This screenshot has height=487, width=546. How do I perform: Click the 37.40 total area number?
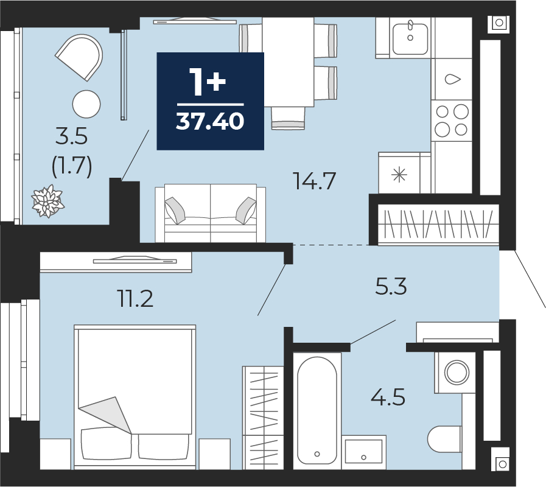point(210,121)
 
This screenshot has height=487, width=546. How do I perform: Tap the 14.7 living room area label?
point(315,181)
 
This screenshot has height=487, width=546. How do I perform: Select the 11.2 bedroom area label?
point(136,299)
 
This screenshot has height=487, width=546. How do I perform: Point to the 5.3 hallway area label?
point(391,286)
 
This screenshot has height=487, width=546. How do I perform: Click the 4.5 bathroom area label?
point(388,397)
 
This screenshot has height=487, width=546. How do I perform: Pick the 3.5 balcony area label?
point(71,136)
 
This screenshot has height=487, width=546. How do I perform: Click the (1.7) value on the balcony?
point(72,166)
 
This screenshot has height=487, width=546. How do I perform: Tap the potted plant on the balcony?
point(47,201)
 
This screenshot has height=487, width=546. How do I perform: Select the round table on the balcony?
point(86,104)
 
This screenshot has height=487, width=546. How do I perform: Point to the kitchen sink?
point(410,39)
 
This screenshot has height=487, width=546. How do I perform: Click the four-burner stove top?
point(451,121)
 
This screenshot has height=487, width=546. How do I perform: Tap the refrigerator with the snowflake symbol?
point(399,173)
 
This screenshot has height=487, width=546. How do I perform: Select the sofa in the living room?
point(211,213)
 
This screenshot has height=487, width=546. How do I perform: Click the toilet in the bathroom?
point(445,439)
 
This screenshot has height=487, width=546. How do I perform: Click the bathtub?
point(317,411)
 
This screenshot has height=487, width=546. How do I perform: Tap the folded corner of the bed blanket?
point(105,415)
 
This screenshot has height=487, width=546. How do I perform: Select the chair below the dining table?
point(288,118)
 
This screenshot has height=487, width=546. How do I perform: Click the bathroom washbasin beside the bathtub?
point(364,452)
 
